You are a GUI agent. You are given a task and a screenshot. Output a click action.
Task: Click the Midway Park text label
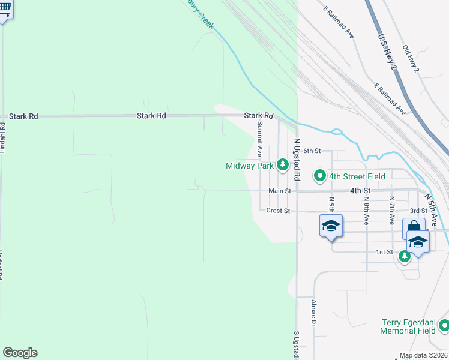pos(249,166)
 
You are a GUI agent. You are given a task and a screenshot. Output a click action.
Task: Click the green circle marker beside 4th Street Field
pos(319,176)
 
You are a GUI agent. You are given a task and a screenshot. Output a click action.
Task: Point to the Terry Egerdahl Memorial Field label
pos(408,326)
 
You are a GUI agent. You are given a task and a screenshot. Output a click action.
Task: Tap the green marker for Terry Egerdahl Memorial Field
pos(444,326)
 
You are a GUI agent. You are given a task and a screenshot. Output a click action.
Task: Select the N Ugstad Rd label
pos(297,160)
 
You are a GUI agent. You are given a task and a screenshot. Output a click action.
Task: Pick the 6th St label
pos(313,151)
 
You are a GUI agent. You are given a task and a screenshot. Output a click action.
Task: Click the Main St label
pos(280,191)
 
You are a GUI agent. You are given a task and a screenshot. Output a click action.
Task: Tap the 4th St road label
pos(360,191)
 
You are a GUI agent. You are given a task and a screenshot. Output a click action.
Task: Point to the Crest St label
pos(278,211)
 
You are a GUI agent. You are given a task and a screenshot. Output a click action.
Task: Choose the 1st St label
pos(384,252)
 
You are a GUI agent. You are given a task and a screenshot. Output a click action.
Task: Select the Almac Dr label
pos(313,313)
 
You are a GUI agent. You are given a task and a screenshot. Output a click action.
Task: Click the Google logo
pos(20,353)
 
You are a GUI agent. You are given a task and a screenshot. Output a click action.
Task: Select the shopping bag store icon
pos(414,228)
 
